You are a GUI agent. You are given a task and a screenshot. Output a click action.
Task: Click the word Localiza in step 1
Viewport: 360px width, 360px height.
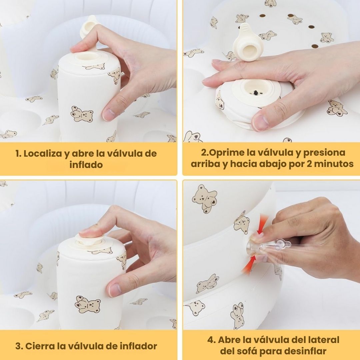click(42, 153)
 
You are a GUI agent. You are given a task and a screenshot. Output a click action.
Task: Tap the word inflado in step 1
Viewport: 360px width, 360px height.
click(86, 165)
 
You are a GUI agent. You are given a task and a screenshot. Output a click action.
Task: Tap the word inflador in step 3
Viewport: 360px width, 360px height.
click(138, 346)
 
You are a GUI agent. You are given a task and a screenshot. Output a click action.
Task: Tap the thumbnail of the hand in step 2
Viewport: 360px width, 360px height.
click(260, 122)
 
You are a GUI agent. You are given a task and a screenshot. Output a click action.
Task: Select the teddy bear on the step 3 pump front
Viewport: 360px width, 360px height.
click(88, 304)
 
